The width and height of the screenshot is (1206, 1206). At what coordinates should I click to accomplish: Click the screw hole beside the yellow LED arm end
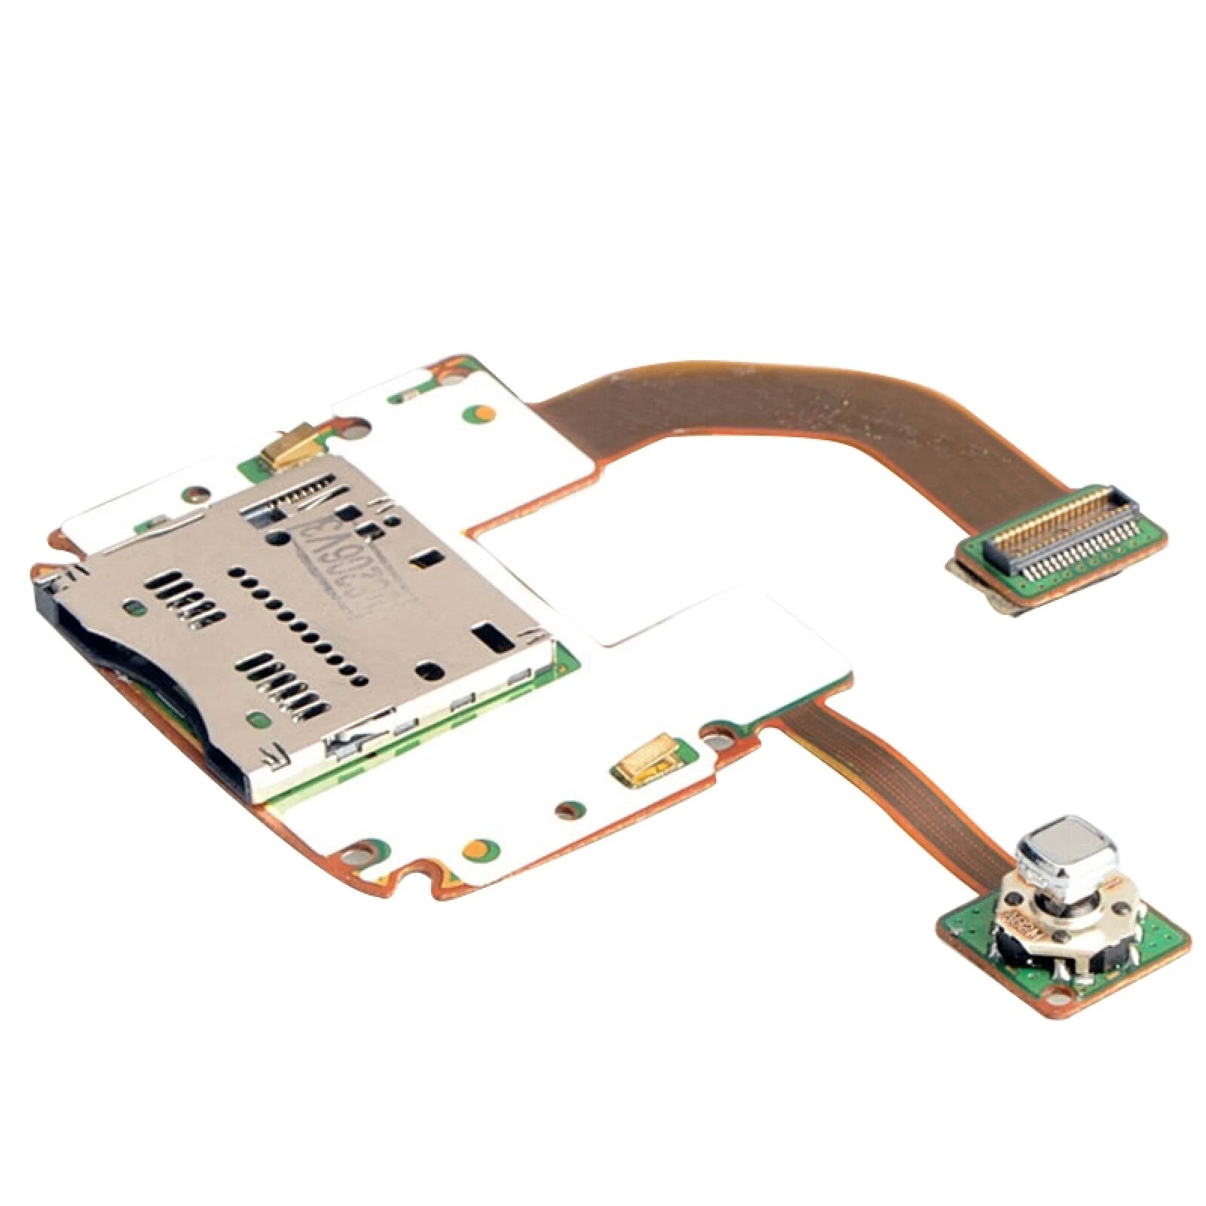coord(726,730)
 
